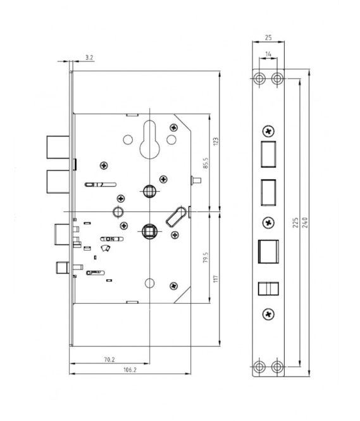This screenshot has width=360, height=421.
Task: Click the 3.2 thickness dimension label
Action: point(89,57)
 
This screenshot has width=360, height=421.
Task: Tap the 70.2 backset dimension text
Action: point(109,360)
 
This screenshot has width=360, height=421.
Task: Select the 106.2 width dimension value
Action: point(130,370)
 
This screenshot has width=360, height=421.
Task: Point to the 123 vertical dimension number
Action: point(216,142)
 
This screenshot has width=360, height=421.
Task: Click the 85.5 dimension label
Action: point(206,163)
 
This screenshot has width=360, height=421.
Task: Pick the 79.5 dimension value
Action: point(206,258)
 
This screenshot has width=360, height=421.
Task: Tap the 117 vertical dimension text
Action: point(216,279)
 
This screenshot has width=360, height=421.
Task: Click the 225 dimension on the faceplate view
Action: point(295,223)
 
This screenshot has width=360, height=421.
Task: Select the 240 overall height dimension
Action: point(305,223)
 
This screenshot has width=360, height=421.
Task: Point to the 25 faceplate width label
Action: point(268,37)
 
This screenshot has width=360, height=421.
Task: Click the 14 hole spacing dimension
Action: point(268,54)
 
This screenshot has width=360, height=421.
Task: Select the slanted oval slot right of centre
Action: point(176,217)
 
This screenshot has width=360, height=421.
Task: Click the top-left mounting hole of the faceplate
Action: point(259,79)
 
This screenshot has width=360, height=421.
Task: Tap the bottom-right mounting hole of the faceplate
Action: point(277,367)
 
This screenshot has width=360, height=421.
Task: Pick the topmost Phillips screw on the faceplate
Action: point(268,131)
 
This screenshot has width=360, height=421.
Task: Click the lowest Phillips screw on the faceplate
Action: point(268,315)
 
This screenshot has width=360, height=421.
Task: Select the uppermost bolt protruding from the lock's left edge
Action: point(58,147)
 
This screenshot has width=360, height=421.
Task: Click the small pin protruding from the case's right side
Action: point(196,180)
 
